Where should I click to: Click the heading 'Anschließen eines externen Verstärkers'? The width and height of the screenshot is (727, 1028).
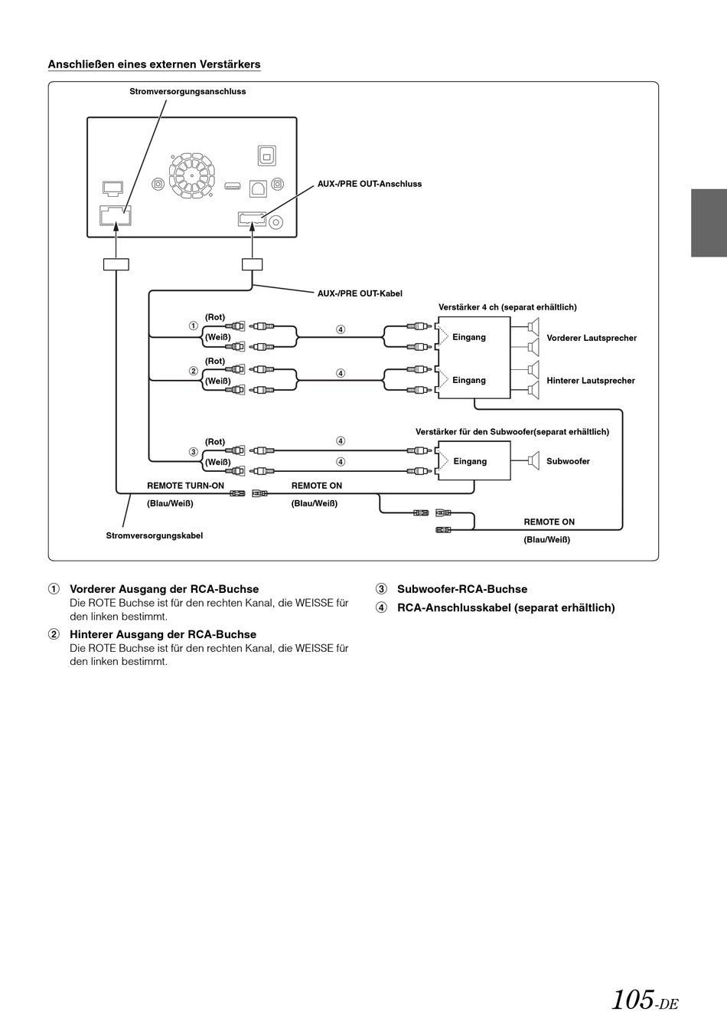[154, 64]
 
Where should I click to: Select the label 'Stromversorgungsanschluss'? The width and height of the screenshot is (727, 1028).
[187, 91]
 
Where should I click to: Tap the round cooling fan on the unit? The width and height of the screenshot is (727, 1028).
[191, 175]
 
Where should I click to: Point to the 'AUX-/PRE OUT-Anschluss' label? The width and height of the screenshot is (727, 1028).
[370, 184]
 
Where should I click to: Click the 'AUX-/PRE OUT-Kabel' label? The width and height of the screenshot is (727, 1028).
[360, 293]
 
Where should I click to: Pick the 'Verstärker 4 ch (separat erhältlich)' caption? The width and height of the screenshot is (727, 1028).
[507, 307]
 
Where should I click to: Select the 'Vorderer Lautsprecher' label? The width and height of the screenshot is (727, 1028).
[592, 338]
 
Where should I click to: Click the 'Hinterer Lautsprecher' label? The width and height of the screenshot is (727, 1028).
[591, 381]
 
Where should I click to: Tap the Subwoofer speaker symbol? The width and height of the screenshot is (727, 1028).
[533, 461]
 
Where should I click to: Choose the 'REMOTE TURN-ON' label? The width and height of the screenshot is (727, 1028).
[186, 486]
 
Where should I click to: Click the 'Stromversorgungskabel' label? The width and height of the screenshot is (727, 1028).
[155, 535]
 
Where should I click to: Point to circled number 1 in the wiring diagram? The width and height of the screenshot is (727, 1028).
[194, 326]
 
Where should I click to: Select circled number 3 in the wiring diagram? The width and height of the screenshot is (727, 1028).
[194, 452]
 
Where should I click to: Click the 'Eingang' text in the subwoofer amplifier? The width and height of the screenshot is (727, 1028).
[470, 461]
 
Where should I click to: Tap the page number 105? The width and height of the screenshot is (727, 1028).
[633, 999]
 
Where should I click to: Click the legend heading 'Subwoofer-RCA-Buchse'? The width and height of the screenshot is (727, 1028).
[462, 589]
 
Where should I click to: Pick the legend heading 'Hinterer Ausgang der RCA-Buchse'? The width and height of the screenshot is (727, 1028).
[163, 634]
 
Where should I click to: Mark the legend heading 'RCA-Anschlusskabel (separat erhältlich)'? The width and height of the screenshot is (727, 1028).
[506, 607]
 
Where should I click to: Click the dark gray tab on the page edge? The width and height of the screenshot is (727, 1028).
[709, 223]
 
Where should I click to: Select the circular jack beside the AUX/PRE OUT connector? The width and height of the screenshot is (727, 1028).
[275, 223]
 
